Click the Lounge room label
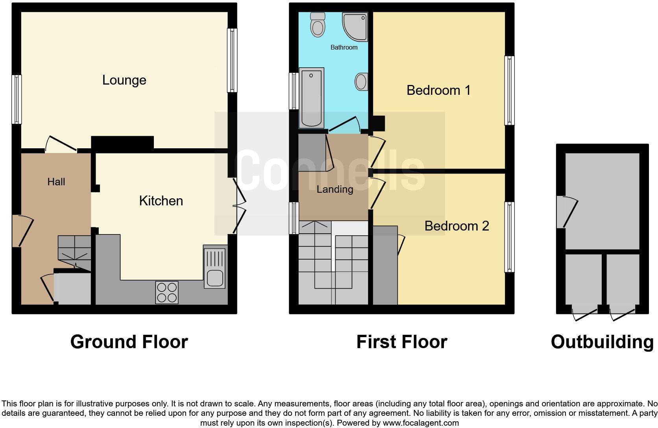click(x=124, y=80)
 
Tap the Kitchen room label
click(x=161, y=201)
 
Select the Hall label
click(x=56, y=182)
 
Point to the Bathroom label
click(x=344, y=47)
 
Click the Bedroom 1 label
click(x=438, y=90)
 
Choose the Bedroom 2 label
click(x=457, y=226)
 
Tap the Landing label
click(x=335, y=189)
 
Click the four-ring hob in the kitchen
click(x=167, y=292)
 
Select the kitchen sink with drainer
click(x=215, y=267)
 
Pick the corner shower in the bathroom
click(x=355, y=26)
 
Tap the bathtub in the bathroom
click(x=311, y=98)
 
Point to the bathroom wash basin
click(x=361, y=82)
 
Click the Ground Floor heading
click(x=129, y=341)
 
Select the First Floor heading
click(x=402, y=341)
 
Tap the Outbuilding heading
click(x=602, y=341)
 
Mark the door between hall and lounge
click(x=61, y=144)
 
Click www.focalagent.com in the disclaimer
click(x=421, y=423)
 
